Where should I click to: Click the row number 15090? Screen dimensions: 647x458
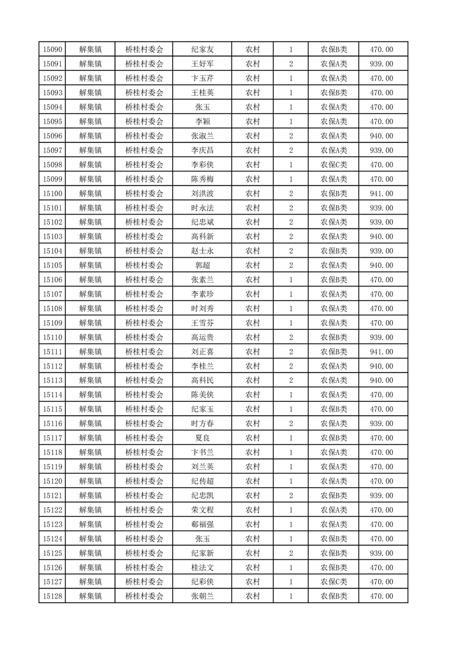pyautogui.click(x=53, y=50)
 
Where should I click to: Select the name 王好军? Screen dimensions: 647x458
pyautogui.click(x=202, y=64)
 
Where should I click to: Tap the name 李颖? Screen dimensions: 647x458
pyautogui.click(x=202, y=122)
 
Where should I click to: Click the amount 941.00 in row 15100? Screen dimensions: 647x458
pyautogui.click(x=381, y=194)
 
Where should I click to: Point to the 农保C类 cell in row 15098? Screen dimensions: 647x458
pyautogui.click(x=334, y=165)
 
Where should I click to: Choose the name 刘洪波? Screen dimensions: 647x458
pyautogui.click(x=202, y=194)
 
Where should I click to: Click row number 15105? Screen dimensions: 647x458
pyautogui.click(x=53, y=265)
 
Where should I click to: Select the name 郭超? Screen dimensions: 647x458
pyautogui.click(x=202, y=265)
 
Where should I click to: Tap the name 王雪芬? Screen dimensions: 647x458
pyautogui.click(x=202, y=323)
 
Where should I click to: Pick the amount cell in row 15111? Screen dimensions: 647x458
pyautogui.click(x=381, y=352)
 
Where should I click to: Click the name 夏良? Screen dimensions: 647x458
pyautogui.click(x=202, y=438)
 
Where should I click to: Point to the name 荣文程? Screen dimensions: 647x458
pyautogui.click(x=202, y=510)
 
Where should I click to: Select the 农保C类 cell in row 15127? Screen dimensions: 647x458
pyautogui.click(x=334, y=582)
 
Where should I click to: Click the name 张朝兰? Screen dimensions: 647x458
pyautogui.click(x=202, y=596)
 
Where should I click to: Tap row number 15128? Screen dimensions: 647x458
pyautogui.click(x=53, y=596)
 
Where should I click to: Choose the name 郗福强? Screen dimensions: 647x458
pyautogui.click(x=202, y=524)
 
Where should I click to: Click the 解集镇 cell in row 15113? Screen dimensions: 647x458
pyautogui.click(x=91, y=381)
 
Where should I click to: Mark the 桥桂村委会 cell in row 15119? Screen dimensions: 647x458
pyautogui.click(x=144, y=467)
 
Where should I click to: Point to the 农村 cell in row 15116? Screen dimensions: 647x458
pyautogui.click(x=252, y=424)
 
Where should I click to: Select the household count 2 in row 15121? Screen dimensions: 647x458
pyautogui.click(x=291, y=495)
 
